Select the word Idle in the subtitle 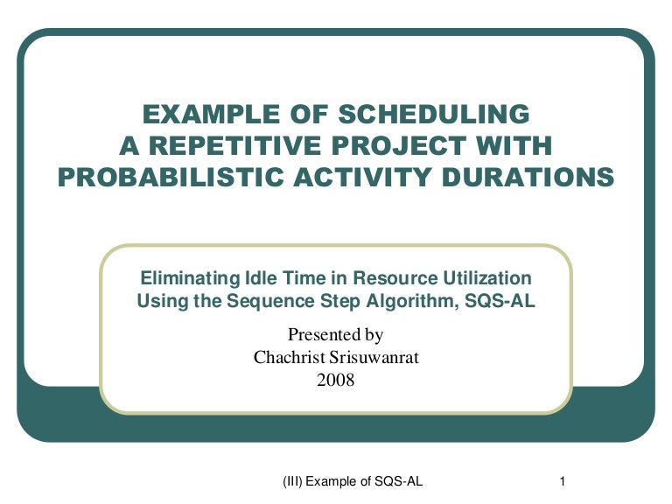click(260, 278)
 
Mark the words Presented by click(336, 334)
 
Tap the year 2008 click(336, 380)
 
